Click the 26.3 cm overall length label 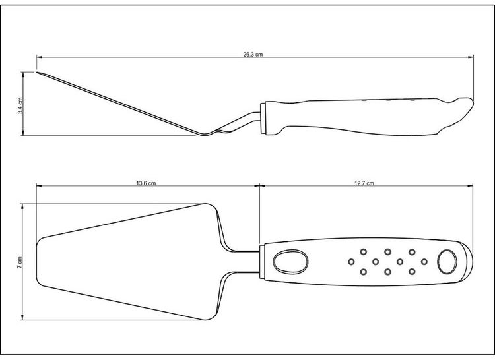point(253,55)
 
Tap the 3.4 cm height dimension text point(22,104)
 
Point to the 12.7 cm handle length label point(364,183)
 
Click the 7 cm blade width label point(22,262)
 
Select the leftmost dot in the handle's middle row point(351,262)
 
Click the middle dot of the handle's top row point(387,251)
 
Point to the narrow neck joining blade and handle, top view point(247,261)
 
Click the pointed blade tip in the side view point(38,73)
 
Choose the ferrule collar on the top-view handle point(263,262)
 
